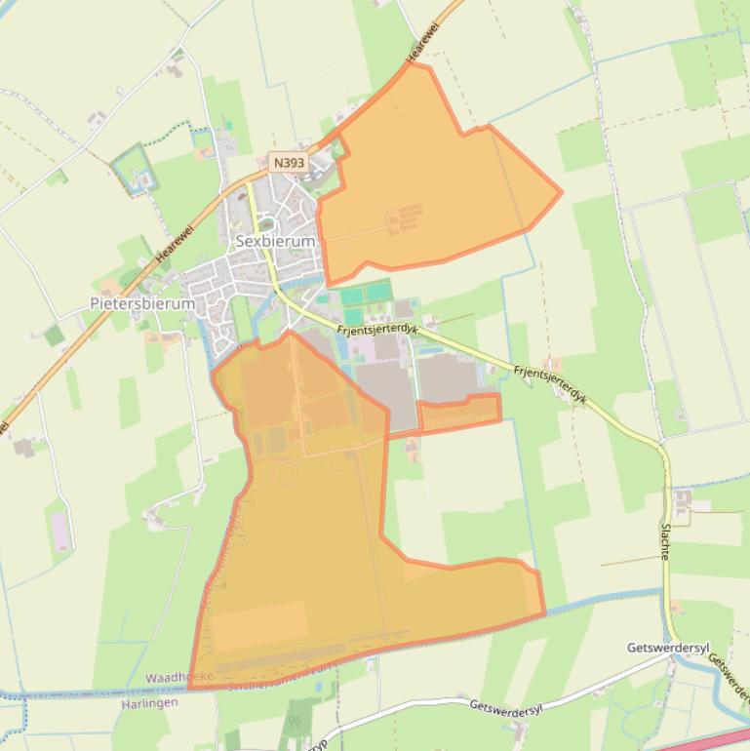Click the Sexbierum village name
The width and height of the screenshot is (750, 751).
(x=275, y=241)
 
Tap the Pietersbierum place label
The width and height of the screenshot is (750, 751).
(x=142, y=303)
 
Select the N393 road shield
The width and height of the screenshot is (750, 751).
(x=289, y=163)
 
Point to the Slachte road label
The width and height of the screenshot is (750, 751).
(x=665, y=540)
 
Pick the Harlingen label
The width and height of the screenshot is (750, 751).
(x=149, y=702)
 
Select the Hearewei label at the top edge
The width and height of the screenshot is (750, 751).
(x=422, y=44)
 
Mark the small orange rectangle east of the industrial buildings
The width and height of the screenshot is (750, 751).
(x=459, y=412)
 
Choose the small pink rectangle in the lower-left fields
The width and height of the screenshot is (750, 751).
(x=60, y=531)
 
